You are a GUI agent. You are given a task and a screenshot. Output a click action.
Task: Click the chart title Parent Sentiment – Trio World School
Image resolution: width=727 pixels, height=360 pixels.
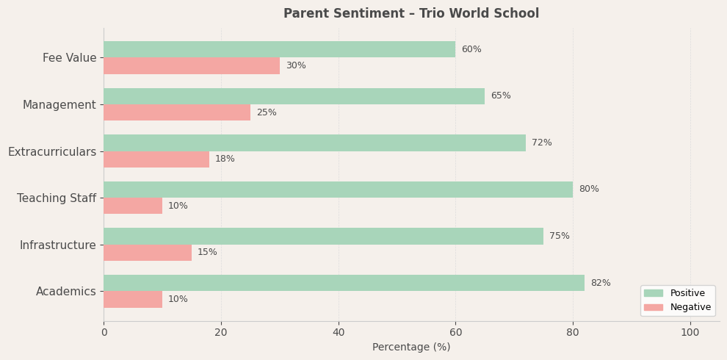pyautogui.click(x=411, y=14)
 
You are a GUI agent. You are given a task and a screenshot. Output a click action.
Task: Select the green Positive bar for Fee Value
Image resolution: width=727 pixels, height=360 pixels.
pyautogui.click(x=279, y=49)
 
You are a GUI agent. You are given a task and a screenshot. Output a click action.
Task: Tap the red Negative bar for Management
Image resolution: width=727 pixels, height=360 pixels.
pyautogui.click(x=177, y=112)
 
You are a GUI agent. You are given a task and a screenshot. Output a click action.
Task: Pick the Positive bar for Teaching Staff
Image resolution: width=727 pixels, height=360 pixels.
pyautogui.click(x=338, y=190)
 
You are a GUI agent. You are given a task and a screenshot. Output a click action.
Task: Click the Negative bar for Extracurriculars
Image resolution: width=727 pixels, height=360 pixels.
pyautogui.click(x=156, y=159)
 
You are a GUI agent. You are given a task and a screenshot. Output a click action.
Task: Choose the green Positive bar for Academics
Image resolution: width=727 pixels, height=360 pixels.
pyautogui.click(x=344, y=283)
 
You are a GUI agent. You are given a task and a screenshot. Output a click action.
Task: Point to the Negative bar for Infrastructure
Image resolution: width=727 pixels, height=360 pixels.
pyautogui.click(x=148, y=253)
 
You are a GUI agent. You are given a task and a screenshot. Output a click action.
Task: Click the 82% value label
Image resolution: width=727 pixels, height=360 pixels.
pyautogui.click(x=601, y=284)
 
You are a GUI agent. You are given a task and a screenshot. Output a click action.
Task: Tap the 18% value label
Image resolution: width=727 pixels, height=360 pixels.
pyautogui.click(x=225, y=159)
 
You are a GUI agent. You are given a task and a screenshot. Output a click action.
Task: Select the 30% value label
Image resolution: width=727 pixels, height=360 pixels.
pyautogui.click(x=296, y=66)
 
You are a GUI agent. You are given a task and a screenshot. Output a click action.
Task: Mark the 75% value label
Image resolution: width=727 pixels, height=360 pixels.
pyautogui.click(x=560, y=237)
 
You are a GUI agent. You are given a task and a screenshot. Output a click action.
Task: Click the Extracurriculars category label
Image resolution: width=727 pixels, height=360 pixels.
pyautogui.click(x=52, y=152)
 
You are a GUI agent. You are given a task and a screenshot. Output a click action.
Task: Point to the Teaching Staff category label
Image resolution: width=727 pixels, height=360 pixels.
pyautogui.click(x=57, y=198)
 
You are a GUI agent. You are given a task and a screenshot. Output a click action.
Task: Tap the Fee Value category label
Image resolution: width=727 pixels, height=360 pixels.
pyautogui.click(x=70, y=58)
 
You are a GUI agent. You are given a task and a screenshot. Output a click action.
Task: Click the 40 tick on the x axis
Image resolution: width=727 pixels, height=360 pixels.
pyautogui.click(x=339, y=333)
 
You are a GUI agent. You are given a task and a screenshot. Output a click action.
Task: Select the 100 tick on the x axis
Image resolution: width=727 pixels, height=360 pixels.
pyautogui.click(x=690, y=333)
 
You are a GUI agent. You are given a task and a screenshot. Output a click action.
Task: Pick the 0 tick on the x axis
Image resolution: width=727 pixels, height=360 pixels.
pyautogui.click(x=104, y=333)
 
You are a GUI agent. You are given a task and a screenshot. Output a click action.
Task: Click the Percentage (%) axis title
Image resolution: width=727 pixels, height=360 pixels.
pyautogui.click(x=411, y=348)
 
